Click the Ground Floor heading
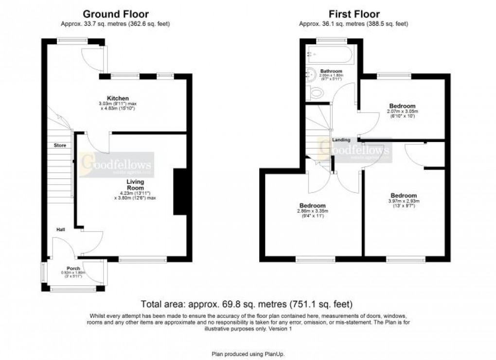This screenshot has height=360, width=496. [115, 14]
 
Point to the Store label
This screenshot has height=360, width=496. [60, 145]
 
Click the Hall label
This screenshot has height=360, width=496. [60, 229]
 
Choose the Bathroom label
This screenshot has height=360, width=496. [331, 71]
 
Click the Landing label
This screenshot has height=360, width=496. [341, 140]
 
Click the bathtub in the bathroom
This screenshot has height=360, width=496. [330, 55]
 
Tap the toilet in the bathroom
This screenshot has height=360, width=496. [317, 92]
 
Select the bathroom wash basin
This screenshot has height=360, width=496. [311, 73]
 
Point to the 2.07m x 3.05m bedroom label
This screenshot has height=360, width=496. [402, 106]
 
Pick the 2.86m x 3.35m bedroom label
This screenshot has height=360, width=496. [313, 206]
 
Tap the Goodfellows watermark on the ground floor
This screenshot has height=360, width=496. [117, 164]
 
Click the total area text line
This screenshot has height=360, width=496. [246, 305]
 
